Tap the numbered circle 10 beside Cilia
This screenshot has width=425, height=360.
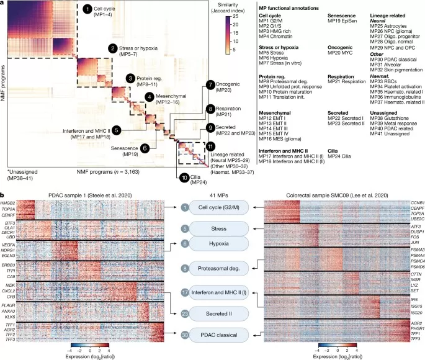(186, 177)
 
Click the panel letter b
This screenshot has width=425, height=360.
(4, 194)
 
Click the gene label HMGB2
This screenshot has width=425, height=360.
(8, 204)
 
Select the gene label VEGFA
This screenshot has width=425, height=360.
(8, 246)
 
